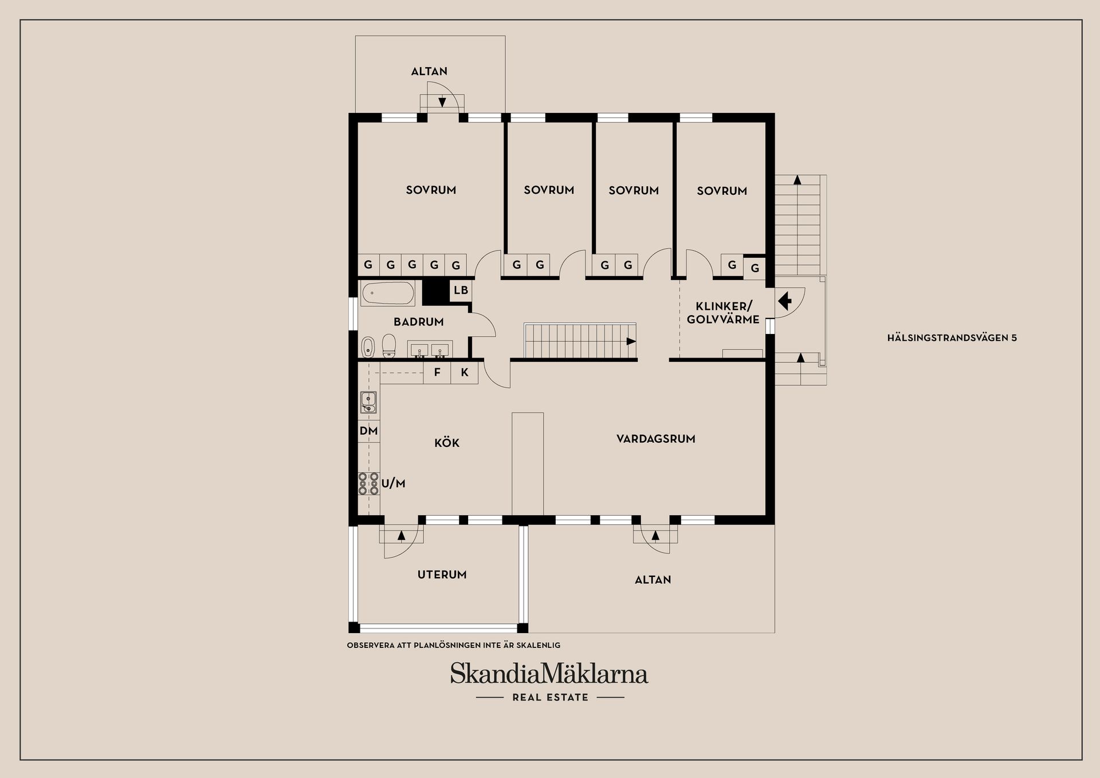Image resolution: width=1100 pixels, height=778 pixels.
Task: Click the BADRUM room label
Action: click(418, 322)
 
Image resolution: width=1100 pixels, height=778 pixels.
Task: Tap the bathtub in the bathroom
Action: click(388, 293)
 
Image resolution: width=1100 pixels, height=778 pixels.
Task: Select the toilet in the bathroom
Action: click(389, 345)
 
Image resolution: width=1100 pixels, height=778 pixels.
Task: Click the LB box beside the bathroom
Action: click(461, 290)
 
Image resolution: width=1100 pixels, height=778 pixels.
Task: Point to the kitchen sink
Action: click(368, 402)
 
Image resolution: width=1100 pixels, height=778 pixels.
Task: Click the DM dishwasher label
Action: click(368, 431)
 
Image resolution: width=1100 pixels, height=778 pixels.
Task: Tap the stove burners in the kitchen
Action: click(368, 484)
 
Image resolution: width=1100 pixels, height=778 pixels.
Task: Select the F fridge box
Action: click(437, 372)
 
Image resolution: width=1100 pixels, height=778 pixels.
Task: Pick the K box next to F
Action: click(465, 372)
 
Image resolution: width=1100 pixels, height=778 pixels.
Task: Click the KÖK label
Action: click(447, 443)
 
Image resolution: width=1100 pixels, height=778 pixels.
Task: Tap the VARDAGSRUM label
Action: click(655, 439)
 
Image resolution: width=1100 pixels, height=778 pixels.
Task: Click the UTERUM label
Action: click(442, 575)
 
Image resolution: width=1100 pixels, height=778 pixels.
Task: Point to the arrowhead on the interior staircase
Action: click(631, 341)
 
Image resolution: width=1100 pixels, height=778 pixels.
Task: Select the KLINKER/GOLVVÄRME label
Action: click(723, 313)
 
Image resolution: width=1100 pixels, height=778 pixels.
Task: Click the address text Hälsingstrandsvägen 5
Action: click(952, 338)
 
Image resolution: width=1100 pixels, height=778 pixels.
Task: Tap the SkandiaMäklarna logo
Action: click(549, 673)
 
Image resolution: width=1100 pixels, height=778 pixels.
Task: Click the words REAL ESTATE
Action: click(550, 697)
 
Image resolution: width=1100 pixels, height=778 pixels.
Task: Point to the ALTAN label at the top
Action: click(429, 72)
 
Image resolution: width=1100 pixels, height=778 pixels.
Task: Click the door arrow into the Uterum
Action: click(401, 535)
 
